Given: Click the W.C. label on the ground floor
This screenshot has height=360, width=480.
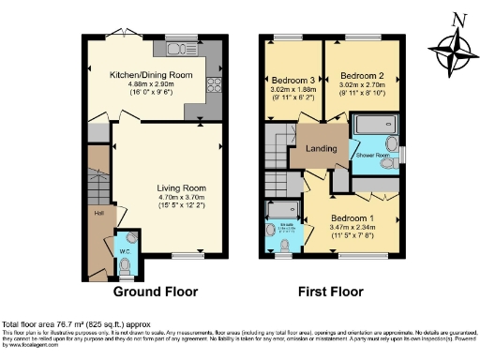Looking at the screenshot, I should click(x=125, y=249).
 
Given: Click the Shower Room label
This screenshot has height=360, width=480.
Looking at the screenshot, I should click(x=371, y=155).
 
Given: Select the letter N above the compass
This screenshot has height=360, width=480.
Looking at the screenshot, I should click(x=457, y=18).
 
